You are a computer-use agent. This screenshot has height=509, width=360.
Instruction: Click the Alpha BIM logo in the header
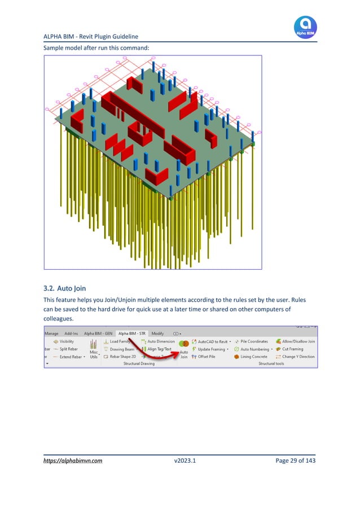(305, 27)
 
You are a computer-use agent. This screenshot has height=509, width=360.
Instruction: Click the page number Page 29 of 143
(295, 460)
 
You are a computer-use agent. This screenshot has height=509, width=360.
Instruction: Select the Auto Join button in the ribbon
(183, 349)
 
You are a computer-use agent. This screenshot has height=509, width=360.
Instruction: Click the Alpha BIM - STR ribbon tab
(131, 334)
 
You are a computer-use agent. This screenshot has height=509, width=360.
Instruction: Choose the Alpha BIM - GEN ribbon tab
(98, 334)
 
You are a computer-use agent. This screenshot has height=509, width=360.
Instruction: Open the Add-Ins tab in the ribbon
(71, 334)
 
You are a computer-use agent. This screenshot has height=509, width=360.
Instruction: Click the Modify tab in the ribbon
(157, 334)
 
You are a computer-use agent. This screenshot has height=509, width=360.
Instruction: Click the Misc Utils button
(93, 349)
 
